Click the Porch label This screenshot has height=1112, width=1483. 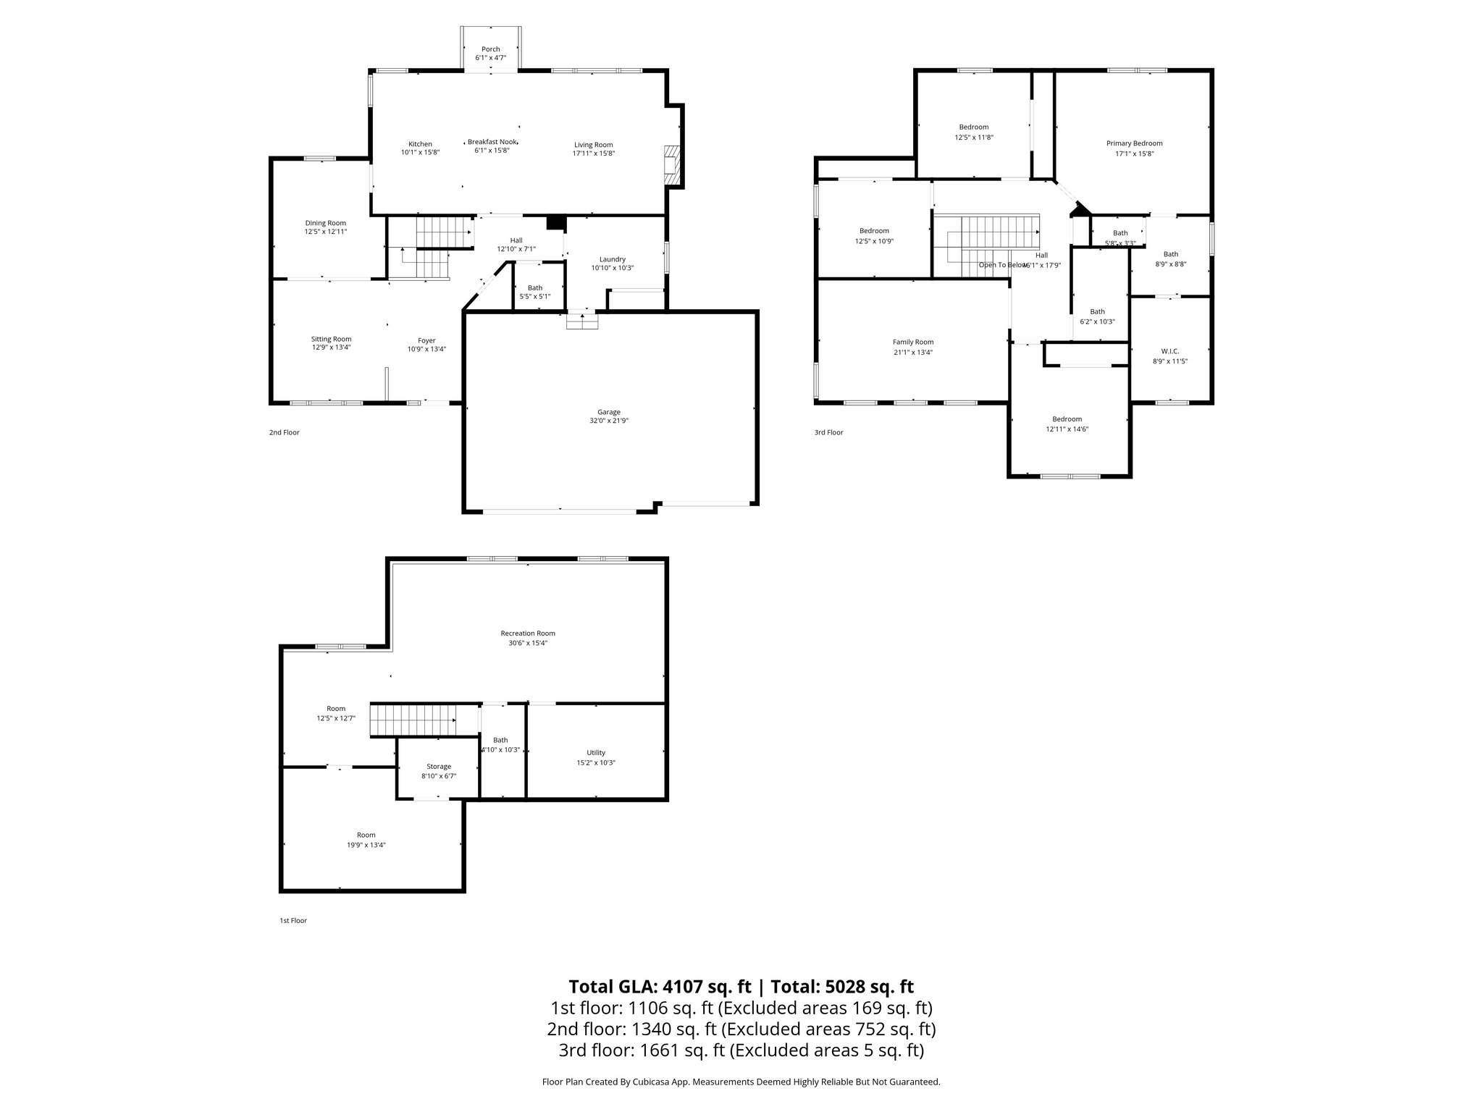pyautogui.click(x=490, y=49)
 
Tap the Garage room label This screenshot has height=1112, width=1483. pyautogui.click(x=608, y=412)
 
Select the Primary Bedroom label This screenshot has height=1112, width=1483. pyautogui.click(x=1134, y=143)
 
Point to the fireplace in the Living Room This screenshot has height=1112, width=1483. pyautogui.click(x=672, y=166)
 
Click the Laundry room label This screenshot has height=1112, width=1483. pyautogui.click(x=612, y=259)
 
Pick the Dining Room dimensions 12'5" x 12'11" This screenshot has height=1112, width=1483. pyautogui.click(x=325, y=232)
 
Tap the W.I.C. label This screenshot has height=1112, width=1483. pyautogui.click(x=1169, y=351)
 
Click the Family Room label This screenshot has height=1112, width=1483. pyautogui.click(x=912, y=342)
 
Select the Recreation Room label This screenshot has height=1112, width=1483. pyautogui.click(x=527, y=633)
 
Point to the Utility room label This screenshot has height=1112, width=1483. pyautogui.click(x=595, y=753)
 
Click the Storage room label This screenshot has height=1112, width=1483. pyautogui.click(x=438, y=767)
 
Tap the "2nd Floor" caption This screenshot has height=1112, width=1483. pyautogui.click(x=284, y=432)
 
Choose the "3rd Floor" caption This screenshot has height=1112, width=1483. pyautogui.click(x=828, y=432)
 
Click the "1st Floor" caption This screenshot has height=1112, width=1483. pyautogui.click(x=293, y=921)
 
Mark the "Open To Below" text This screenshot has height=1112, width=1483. pyautogui.click(x=1003, y=265)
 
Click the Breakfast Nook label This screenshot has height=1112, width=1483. pyautogui.click(x=492, y=142)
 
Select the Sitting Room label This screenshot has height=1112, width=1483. pyautogui.click(x=331, y=339)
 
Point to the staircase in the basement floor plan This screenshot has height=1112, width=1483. pyautogui.click(x=413, y=720)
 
